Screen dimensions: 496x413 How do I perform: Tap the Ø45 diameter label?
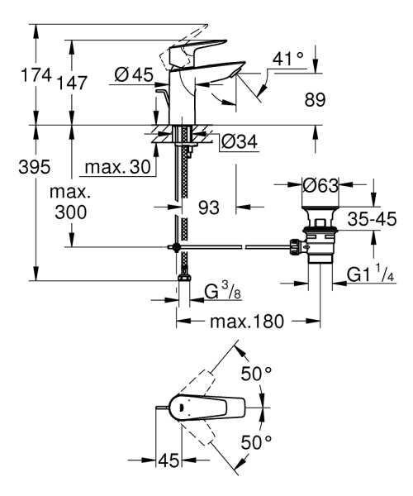pyautogui.click(x=133, y=74)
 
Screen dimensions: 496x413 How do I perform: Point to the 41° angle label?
pyautogui.click(x=289, y=60)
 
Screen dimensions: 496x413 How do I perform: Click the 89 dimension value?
pyautogui.click(x=315, y=99)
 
